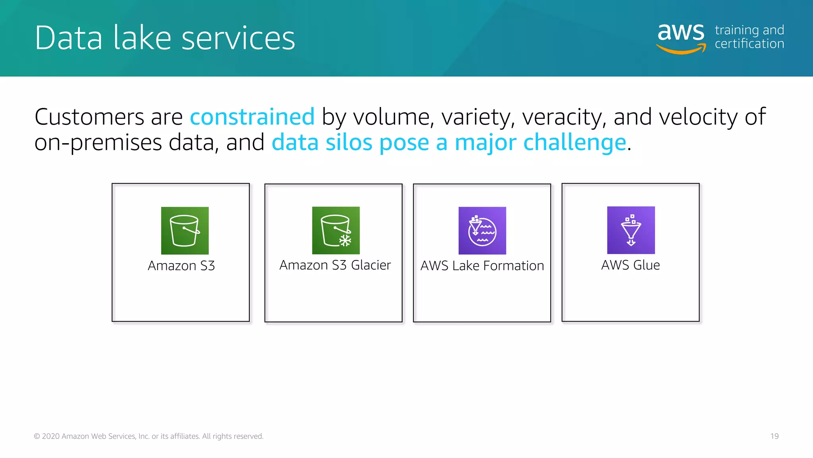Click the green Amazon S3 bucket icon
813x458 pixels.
tap(185, 231)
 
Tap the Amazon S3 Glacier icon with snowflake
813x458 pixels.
tap(336, 231)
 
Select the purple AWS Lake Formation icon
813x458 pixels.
tap(482, 231)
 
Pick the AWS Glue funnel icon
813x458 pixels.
tap(631, 230)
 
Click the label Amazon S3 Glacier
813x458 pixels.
tap(335, 265)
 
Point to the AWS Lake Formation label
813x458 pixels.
tap(482, 266)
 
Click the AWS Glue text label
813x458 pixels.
tap(630, 265)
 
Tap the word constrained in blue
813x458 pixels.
tap(252, 117)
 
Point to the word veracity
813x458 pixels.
tap(564, 117)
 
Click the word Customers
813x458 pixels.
tap(89, 117)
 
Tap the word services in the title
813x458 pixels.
tap(238, 38)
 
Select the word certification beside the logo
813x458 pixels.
tap(749, 44)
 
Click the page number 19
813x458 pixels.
tap(774, 436)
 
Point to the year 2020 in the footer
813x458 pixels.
tap(51, 436)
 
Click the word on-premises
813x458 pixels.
tap(98, 142)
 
